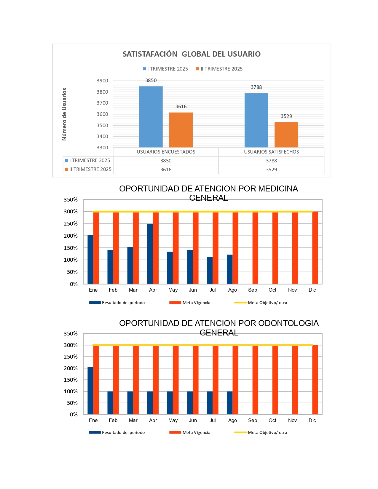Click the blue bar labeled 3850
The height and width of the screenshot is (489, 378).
pos(151,117)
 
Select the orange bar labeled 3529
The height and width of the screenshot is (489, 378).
pos(286,135)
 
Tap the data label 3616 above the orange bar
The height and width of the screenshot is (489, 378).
pos(181,106)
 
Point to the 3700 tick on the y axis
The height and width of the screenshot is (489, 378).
pos(102,103)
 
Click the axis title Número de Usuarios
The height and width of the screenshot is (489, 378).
pos(64,114)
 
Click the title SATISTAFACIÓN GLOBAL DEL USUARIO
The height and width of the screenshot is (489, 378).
pos(192,54)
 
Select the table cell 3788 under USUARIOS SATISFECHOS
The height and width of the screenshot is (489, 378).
pos(271,161)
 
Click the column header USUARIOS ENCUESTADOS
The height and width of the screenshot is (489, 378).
pos(166,152)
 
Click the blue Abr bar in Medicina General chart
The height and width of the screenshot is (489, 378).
pos(150,254)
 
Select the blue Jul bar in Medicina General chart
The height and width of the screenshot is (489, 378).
pos(210,271)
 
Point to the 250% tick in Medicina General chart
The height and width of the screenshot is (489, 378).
pos(71,224)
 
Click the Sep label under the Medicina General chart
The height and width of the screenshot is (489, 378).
pos(252,290)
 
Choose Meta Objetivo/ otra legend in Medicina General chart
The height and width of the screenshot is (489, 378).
pos(267,303)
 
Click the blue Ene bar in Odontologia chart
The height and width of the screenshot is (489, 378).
pos(90,391)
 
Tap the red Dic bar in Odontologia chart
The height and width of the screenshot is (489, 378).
pos(315,380)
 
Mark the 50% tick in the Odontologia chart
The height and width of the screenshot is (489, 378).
pos(72,403)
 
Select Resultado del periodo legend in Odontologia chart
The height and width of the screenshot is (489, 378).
pos(123,432)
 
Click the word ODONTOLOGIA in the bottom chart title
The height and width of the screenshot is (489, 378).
pos(288,323)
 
